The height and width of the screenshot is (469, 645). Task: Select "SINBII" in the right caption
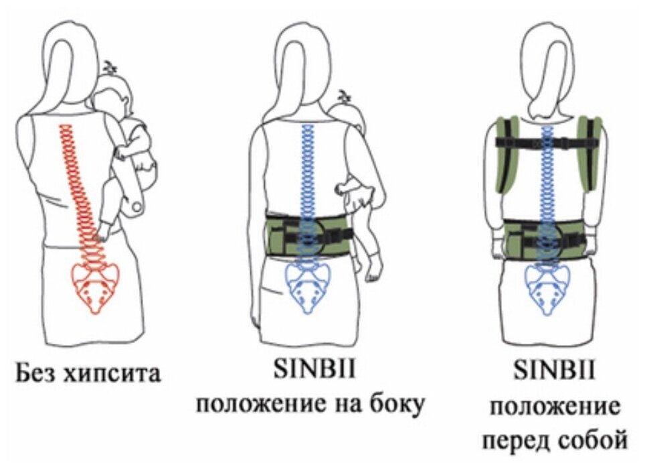pos(554,372)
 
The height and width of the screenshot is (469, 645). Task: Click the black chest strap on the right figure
pos(549,142)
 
